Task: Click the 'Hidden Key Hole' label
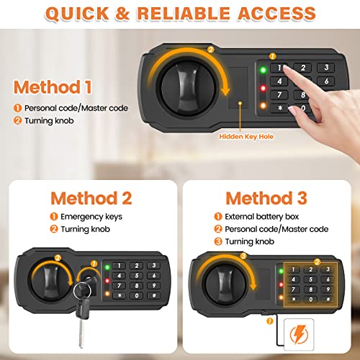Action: pos(246,137)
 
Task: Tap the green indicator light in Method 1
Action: pos(263,70)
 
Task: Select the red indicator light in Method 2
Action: pos(107,281)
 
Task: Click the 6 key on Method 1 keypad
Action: pos(326,81)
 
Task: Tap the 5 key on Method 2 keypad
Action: pos(137,276)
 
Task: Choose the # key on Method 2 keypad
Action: pos(154,295)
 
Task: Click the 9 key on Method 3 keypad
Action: pos(328,289)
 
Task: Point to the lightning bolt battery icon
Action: pos(299,334)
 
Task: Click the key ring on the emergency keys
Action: pos(82,291)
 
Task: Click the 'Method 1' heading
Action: pos(53,87)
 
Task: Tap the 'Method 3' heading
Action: pos(266,199)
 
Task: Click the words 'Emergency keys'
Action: pos(91,217)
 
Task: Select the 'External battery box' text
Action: pos(262,217)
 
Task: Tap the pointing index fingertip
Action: pos(286,68)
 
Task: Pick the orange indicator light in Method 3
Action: pos(281,297)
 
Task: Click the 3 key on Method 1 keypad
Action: pos(326,68)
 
